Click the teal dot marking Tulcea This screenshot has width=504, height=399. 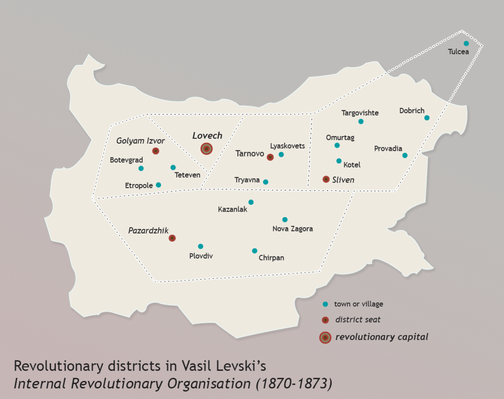466,43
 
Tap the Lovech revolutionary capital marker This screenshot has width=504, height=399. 207,149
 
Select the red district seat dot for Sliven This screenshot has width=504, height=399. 326,179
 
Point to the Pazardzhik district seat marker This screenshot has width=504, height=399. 172,238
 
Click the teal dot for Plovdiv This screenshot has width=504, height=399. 200,246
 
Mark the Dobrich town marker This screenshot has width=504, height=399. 427,118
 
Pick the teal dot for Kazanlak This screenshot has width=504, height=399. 251,202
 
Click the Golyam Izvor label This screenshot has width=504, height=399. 140,141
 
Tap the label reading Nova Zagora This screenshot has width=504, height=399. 292,229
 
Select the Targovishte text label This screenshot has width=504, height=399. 360,113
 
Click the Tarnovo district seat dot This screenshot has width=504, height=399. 270,157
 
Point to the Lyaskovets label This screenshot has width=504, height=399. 287,146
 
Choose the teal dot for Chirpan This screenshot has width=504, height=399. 254,251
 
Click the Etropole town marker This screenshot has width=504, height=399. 158,185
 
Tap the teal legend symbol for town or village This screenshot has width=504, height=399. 325,304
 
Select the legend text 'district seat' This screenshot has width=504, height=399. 358,320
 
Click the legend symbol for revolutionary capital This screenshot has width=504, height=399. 325,337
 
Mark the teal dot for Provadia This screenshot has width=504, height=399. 405,155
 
